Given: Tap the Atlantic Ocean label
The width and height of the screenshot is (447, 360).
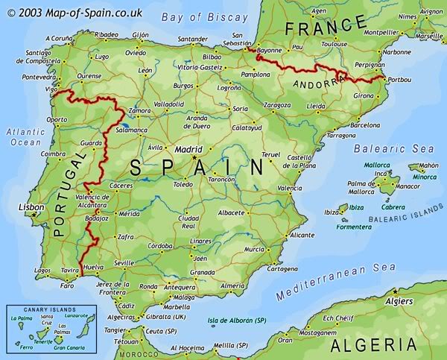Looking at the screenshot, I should [25, 136].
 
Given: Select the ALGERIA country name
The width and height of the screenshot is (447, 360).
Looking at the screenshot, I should [372, 344].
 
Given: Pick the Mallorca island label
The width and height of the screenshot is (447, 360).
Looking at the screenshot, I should [377, 165].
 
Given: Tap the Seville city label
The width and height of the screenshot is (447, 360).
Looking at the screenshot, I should [123, 262].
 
